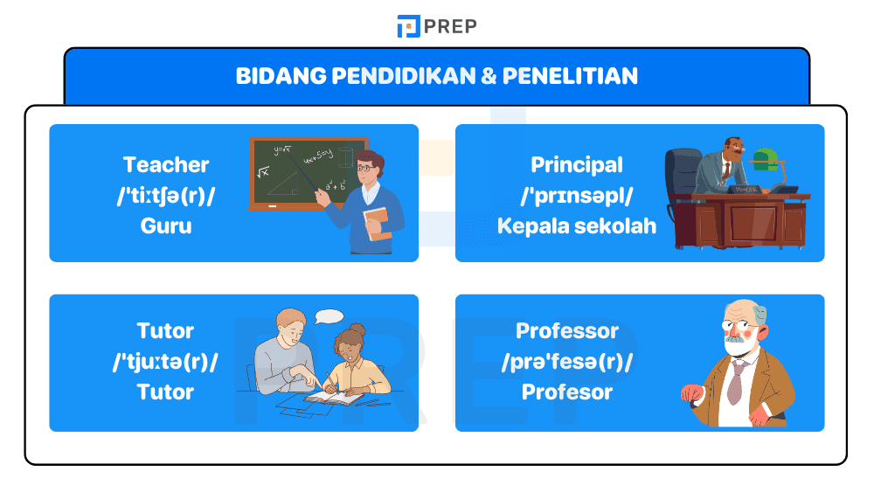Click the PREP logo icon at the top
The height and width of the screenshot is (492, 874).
pos(408,26)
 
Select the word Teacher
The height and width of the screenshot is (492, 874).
pos(166,164)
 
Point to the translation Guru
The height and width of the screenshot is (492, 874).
pos(166,225)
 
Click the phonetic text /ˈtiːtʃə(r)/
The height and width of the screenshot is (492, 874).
pos(166,195)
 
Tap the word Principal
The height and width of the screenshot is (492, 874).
pos(577,164)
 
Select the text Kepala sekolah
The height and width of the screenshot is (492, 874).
pos(577,225)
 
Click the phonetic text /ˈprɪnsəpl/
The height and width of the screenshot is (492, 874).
pos(577,195)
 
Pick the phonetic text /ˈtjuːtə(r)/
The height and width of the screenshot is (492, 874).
pos(166,361)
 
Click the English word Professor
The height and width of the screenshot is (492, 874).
pos(567,331)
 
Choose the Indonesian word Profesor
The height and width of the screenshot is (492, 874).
pos(567,392)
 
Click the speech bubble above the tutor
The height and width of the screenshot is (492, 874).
pos(329,316)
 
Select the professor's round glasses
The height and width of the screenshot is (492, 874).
pos(737,329)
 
